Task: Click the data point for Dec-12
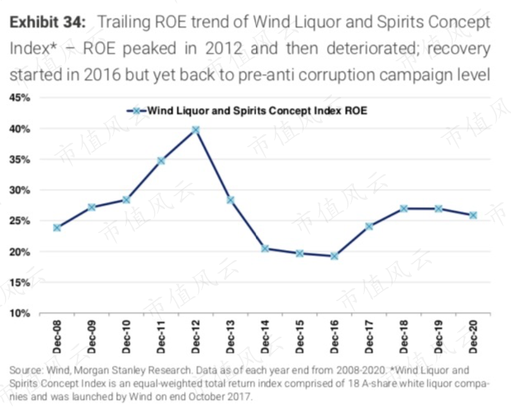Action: [x=196, y=130]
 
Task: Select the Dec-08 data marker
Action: [x=56, y=227]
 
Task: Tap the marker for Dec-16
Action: [x=334, y=256]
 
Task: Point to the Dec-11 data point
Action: [x=161, y=161]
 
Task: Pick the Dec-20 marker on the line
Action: [x=473, y=215]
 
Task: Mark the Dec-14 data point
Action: [x=265, y=249]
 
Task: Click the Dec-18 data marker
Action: [x=404, y=208]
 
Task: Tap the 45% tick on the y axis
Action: [x=20, y=97]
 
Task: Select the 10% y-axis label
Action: [x=20, y=313]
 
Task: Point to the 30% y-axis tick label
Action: [x=20, y=190]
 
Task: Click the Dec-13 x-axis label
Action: [x=230, y=337]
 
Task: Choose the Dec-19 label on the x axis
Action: [x=439, y=337]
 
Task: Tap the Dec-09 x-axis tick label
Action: [x=91, y=337]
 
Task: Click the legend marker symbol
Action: [x=137, y=111]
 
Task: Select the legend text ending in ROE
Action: [x=257, y=111]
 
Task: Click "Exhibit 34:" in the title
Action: [x=48, y=22]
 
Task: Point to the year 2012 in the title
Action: [x=224, y=48]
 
